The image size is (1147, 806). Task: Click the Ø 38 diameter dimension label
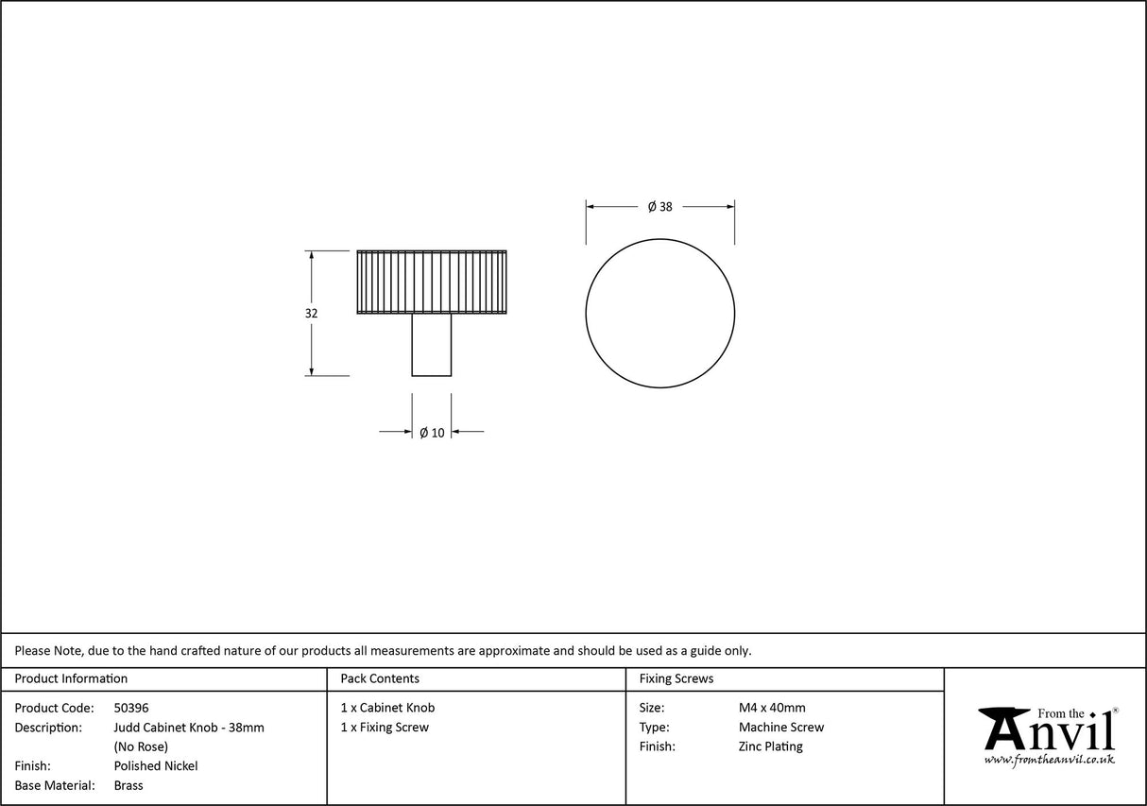coord(659,207)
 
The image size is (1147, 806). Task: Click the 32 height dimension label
coord(312,314)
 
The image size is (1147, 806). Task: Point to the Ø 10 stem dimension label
coord(432,433)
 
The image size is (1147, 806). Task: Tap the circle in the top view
coord(659,314)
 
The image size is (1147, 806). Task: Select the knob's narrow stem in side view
coord(431,344)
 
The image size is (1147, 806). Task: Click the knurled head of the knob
coord(431,281)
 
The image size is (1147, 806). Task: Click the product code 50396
coord(131,708)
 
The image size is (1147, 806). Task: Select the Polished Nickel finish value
coord(156,766)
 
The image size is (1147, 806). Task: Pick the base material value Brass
coord(128,785)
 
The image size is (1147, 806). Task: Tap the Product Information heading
coord(71,678)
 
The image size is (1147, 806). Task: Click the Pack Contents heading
coord(380,678)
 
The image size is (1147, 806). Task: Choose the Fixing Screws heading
coord(676,678)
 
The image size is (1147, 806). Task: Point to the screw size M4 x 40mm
coord(772,708)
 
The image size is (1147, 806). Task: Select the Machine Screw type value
coord(781,728)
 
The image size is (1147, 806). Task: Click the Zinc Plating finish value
coord(771,746)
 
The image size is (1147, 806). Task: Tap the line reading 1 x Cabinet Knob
coord(387,708)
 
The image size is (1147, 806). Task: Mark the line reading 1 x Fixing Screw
coord(385,728)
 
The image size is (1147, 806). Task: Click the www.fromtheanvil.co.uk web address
coord(1050,760)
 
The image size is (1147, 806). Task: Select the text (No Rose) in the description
coord(141,746)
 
